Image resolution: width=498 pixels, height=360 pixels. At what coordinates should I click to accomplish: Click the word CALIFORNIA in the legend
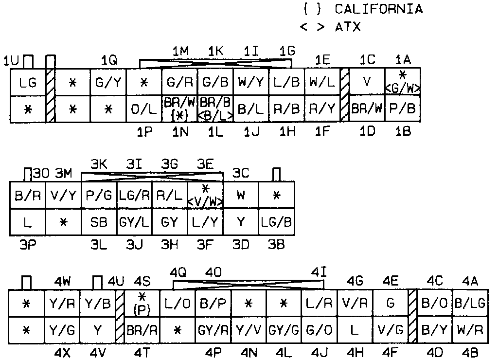[378, 9]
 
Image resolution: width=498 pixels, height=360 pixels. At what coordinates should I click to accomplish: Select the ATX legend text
[348, 27]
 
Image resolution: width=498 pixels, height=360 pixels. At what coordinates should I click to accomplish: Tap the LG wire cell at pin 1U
[28, 83]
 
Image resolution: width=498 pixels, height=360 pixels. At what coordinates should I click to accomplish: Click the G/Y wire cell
[108, 83]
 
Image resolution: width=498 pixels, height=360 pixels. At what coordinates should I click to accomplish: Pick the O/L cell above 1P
[144, 109]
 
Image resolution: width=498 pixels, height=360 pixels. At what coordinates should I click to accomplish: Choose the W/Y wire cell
[251, 83]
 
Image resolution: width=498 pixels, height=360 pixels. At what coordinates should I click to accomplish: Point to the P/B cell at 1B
[403, 109]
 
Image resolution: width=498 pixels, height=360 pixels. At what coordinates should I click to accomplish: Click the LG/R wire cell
[134, 196]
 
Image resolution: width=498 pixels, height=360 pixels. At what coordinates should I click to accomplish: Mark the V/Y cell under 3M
[63, 196]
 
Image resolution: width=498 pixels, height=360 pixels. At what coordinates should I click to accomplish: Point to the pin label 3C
[241, 173]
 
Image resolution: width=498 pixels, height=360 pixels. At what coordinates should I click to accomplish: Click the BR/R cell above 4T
[142, 330]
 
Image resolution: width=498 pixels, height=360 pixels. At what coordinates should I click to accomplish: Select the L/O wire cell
[178, 304]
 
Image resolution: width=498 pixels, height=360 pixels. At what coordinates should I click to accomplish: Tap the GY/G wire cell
[284, 330]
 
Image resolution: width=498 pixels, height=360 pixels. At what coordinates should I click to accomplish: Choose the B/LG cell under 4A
[470, 304]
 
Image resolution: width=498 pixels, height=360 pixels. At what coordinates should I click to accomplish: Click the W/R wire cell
[470, 330]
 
